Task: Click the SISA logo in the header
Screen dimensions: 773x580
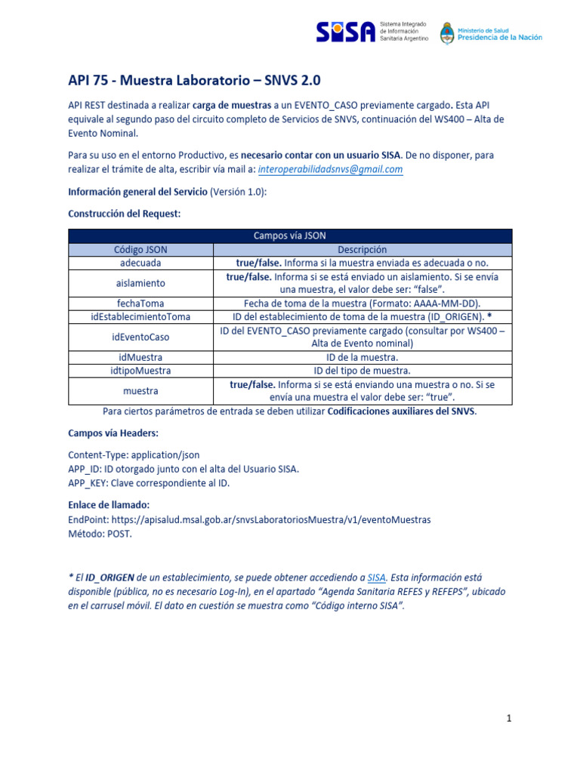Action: pos(345,32)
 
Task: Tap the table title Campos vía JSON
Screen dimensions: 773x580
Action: pos(290,236)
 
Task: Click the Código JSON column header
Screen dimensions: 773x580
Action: pos(140,250)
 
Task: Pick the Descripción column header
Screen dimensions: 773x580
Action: pos(362,250)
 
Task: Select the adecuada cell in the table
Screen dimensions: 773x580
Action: pos(140,263)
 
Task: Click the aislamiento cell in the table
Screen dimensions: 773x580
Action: pos(140,283)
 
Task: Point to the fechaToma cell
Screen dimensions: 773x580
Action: pos(140,303)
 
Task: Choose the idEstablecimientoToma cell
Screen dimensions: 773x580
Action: pos(140,317)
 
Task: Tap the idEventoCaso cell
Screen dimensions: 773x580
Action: pos(140,337)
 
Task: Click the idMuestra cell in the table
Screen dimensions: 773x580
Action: pos(140,357)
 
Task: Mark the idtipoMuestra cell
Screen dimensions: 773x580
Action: pos(140,371)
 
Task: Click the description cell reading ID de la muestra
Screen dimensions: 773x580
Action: pos(362,357)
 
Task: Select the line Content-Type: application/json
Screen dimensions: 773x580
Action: pos(134,455)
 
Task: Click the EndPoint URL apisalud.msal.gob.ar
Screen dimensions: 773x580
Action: pos(270,519)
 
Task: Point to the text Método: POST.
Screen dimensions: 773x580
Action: pos(100,533)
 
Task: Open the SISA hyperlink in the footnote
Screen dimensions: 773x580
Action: pos(376,577)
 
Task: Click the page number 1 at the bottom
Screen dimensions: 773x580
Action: pos(509,719)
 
